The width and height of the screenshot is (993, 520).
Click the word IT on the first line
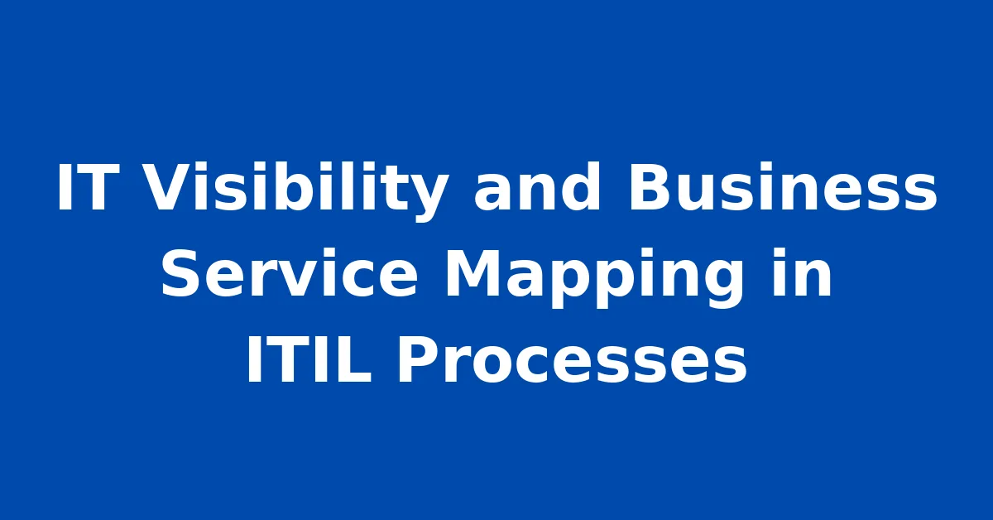pos(84,187)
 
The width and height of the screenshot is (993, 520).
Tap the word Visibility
pos(295,190)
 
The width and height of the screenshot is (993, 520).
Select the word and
pos(537,185)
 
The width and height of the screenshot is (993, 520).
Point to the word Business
pos(783,186)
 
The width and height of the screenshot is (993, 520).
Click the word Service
pos(289,274)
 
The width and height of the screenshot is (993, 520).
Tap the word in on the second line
pos(802,272)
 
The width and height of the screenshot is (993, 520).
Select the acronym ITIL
pos(309,359)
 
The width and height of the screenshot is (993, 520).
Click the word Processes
pos(573,360)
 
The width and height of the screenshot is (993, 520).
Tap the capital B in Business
pos(652,187)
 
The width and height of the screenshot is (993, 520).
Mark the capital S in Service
pos(180,273)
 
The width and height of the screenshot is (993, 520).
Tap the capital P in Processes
pos(418,359)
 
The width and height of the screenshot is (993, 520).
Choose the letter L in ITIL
pos(356,359)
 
